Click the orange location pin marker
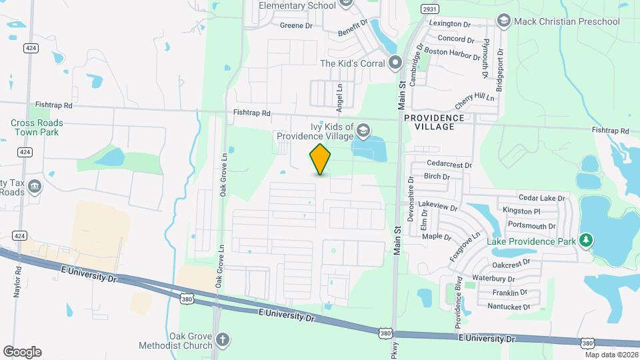tap(321, 159)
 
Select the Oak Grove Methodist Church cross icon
tap(222, 341)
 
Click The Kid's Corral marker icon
tap(395, 63)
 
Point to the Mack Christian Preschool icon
tap(503, 21)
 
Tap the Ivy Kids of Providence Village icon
tap(363, 129)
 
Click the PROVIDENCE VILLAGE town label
tap(433, 122)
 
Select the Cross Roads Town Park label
tap(37, 127)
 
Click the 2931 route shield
tap(429, 8)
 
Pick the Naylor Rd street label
tap(18, 282)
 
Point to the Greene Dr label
tap(296, 25)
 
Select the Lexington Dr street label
tap(455, 23)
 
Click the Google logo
tap(22, 352)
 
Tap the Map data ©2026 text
tap(611, 355)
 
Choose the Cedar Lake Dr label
tap(541, 198)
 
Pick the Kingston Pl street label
tap(522, 211)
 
